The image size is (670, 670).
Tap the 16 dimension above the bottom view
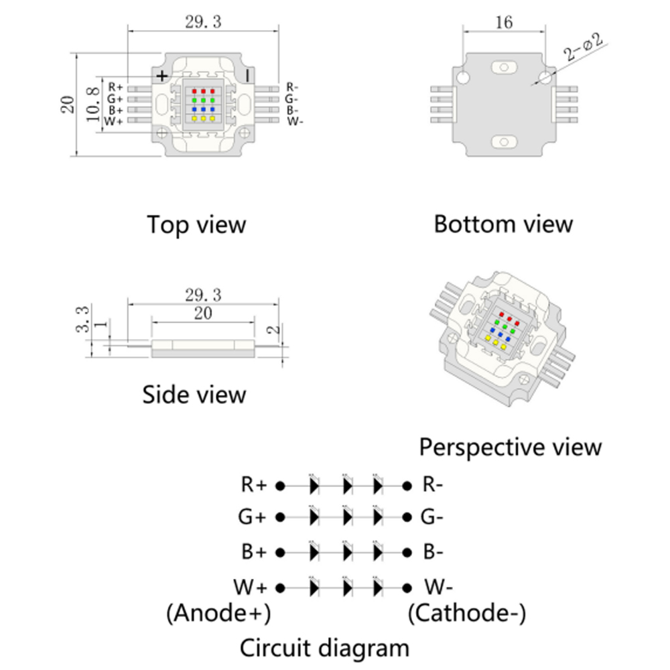point(505,23)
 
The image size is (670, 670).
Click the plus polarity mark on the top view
point(161,75)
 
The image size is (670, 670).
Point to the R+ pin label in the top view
point(115,87)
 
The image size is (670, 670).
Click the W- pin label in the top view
point(295,121)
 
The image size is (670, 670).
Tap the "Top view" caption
point(196,224)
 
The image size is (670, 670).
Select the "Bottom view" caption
point(503,224)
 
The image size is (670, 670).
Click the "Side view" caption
point(194,395)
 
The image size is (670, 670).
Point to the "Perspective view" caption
point(511,446)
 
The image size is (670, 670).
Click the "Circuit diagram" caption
point(324,648)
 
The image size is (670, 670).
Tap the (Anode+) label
point(218,612)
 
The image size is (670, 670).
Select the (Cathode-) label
point(467,612)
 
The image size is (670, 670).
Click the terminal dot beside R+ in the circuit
point(281,484)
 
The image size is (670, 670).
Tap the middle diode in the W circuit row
point(346,588)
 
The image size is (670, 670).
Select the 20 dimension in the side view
point(203,313)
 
